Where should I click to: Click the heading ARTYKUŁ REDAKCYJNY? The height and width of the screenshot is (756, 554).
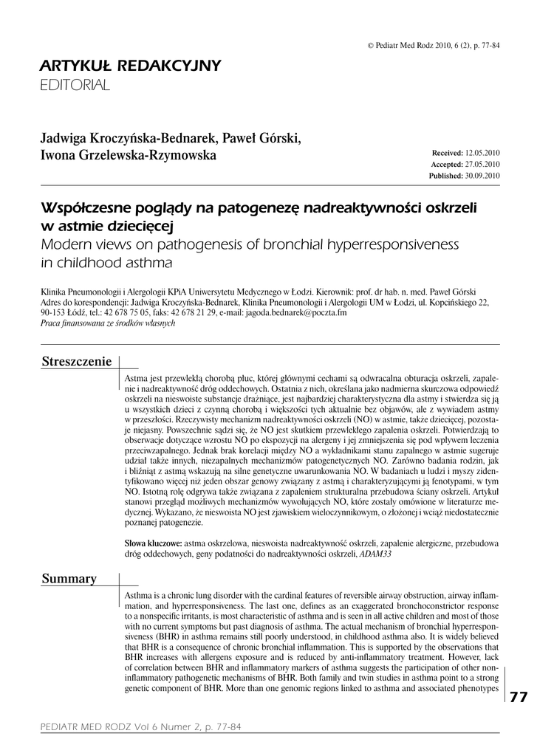(130, 66)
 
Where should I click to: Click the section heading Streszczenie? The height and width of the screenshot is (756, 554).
(77, 362)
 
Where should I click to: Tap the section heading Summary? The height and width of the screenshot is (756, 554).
(69, 579)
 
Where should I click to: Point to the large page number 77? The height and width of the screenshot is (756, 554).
(519, 698)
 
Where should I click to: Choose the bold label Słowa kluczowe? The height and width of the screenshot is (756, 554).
(153, 543)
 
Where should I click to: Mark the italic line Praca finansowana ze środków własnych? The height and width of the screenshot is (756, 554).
(108, 323)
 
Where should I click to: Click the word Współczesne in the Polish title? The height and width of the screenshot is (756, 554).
(87, 207)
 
